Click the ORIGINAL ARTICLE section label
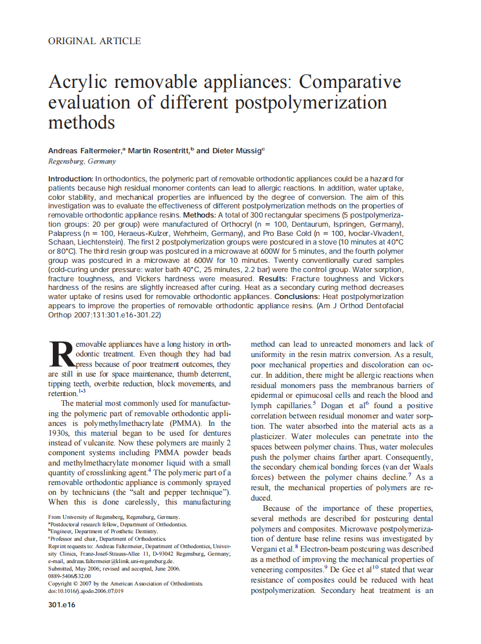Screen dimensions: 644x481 pyautogui.click(x=94, y=41)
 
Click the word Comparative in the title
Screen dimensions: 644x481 pyautogui.click(x=350, y=82)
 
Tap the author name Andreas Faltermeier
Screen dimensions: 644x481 pyautogui.click(x=84, y=150)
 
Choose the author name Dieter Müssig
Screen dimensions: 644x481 pyautogui.click(x=236, y=150)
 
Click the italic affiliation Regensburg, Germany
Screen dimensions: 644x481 pyautogui.click(x=82, y=161)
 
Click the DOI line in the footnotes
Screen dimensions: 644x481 pyautogui.click(x=86, y=591)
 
